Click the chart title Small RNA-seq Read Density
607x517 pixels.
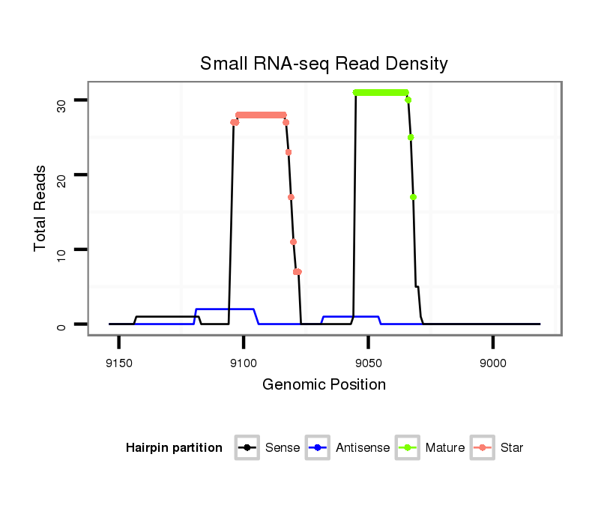click(x=324, y=64)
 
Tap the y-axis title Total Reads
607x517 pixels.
click(x=40, y=208)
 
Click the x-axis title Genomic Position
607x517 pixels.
click(x=324, y=385)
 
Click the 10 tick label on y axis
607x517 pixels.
click(x=61, y=250)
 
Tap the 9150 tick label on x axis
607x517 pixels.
click(x=119, y=363)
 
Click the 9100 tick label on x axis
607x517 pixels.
click(x=244, y=363)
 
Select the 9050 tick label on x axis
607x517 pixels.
click(x=368, y=363)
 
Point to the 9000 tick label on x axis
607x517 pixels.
click(x=492, y=363)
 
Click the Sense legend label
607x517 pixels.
click(x=283, y=448)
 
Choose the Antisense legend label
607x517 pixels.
click(x=363, y=448)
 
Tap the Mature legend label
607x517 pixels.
click(x=444, y=448)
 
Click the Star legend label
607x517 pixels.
click(x=512, y=448)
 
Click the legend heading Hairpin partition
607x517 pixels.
click(x=174, y=448)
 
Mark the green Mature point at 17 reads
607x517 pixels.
click(x=413, y=197)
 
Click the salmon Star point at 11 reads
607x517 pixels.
click(x=293, y=242)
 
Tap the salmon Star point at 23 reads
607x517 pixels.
click(x=289, y=152)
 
